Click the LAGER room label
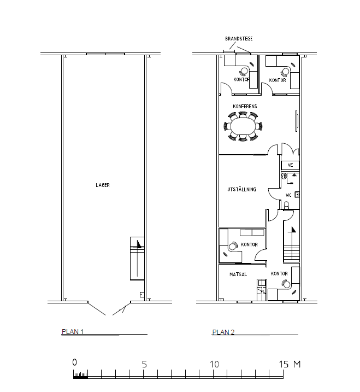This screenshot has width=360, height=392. (x=103, y=185)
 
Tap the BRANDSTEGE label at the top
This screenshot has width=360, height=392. (x=239, y=39)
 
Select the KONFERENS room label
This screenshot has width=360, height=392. (x=245, y=106)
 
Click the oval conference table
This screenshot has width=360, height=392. (x=243, y=127)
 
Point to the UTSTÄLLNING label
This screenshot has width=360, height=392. (x=241, y=189)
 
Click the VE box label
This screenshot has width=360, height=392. (x=290, y=165)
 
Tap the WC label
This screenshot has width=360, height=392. (x=288, y=195)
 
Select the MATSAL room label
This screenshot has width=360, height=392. (x=238, y=274)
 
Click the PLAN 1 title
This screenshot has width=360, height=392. (x=73, y=331)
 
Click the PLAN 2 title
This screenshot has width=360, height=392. (x=223, y=332)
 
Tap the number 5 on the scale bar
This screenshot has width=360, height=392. (x=144, y=364)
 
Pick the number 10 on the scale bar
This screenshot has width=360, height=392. (x=214, y=364)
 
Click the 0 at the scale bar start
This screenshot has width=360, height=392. (x=74, y=362)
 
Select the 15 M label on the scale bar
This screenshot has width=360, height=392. (x=290, y=364)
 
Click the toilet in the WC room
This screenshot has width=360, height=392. (x=286, y=205)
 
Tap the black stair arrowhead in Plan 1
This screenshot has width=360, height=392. (x=139, y=243)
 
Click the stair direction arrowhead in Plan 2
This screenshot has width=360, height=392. (x=293, y=230)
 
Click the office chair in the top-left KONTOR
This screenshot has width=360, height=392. (x=243, y=72)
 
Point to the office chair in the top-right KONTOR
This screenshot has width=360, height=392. (x=285, y=72)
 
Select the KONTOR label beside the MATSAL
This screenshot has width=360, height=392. (x=279, y=273)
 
